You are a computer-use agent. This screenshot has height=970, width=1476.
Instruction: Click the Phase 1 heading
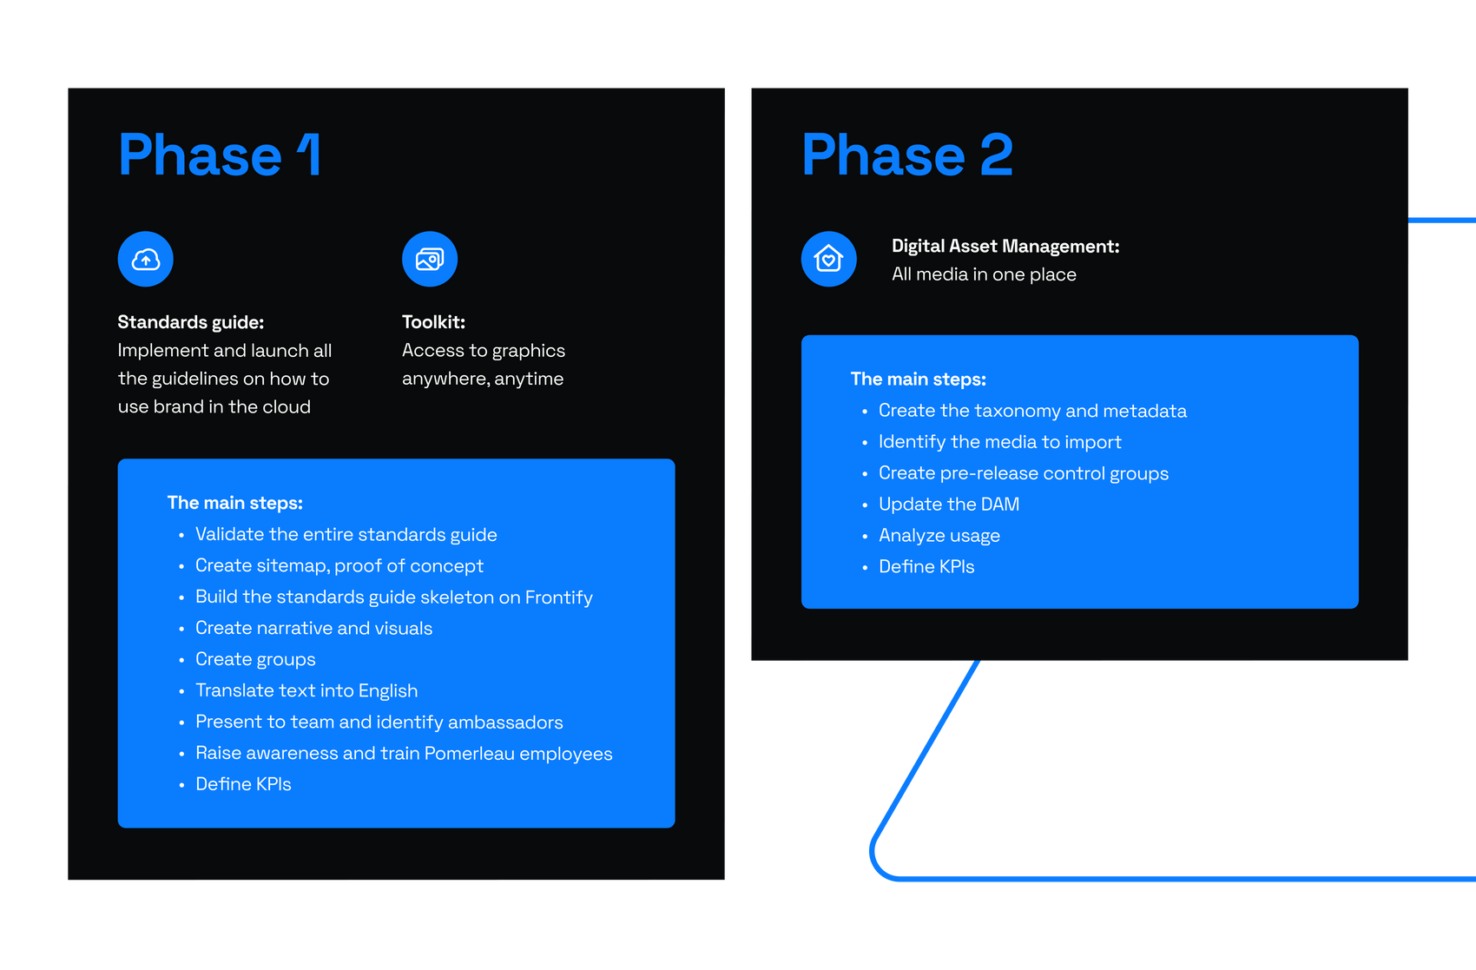[220, 155]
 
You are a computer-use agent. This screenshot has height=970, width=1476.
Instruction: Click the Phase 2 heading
[906, 155]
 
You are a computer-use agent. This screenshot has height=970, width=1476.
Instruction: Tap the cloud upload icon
[146, 259]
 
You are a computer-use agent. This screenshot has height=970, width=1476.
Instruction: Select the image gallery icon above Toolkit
[430, 259]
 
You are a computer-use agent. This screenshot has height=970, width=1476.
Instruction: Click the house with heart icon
[829, 259]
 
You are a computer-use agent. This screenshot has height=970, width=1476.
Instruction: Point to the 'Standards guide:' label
[190, 322]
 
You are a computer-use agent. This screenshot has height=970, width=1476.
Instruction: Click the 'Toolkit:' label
[433, 322]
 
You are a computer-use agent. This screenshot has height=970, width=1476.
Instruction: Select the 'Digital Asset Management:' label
[1005, 247]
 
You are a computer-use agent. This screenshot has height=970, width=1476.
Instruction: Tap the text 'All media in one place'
[984, 274]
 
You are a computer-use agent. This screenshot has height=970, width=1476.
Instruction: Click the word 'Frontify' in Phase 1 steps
[559, 597]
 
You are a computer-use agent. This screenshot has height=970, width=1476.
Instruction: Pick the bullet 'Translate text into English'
[306, 690]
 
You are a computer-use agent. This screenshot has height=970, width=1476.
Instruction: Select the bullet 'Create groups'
[255, 660]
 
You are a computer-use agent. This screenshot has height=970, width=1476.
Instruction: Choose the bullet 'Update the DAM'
[949, 505]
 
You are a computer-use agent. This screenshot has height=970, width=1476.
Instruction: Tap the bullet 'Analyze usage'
[939, 536]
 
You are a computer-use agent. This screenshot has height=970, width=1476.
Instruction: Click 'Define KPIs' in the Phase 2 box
[926, 567]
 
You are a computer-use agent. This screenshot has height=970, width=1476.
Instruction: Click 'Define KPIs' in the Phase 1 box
[243, 784]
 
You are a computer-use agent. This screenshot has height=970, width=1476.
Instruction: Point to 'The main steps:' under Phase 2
[918, 379]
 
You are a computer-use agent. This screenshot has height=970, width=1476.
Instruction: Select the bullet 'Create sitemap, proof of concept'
[339, 566]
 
